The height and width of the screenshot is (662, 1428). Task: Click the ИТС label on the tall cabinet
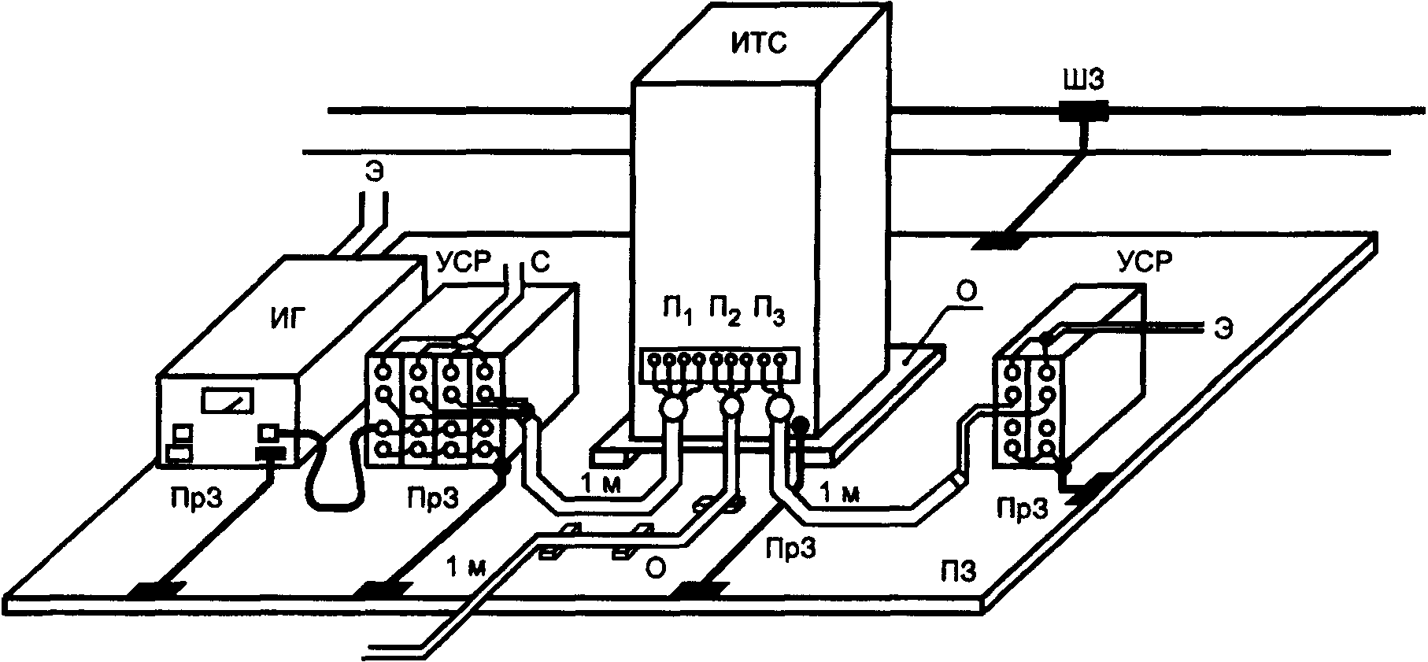point(759,44)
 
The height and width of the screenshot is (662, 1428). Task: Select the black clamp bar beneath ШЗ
point(1082,113)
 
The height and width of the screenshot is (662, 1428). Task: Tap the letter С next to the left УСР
point(538,264)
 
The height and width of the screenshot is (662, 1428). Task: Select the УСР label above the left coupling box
point(463,263)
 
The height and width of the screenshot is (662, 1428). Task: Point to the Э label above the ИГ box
point(375,172)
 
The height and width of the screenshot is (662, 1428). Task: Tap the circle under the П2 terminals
point(732,407)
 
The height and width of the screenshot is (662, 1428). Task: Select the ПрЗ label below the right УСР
point(1023,510)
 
